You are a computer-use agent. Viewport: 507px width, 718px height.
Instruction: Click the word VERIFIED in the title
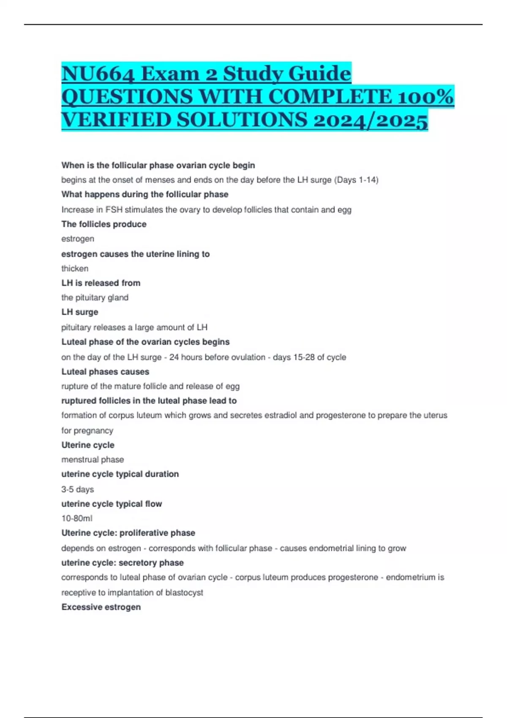[x=116, y=120]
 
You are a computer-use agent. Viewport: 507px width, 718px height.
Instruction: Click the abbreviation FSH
[x=114, y=210]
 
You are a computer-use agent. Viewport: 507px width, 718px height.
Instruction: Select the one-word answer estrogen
[x=78, y=239]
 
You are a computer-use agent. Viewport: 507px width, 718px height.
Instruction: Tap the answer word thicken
[x=75, y=269]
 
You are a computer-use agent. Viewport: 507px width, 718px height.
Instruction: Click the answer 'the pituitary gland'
[x=95, y=298]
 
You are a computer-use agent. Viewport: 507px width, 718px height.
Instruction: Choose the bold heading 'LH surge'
[x=80, y=312]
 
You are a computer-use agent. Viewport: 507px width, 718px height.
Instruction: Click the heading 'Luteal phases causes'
[x=105, y=372]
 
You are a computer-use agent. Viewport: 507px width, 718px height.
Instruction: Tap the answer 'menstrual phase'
[x=93, y=460]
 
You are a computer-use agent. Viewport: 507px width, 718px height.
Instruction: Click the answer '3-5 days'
[x=78, y=490]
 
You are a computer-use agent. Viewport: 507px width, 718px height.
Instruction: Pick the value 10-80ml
[x=77, y=519]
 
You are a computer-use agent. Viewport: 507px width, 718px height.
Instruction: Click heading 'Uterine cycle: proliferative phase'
[x=128, y=533]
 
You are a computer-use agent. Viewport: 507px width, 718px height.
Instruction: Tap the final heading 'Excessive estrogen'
[x=101, y=607]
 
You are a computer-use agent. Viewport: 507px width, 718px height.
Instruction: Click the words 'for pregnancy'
[x=87, y=431]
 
